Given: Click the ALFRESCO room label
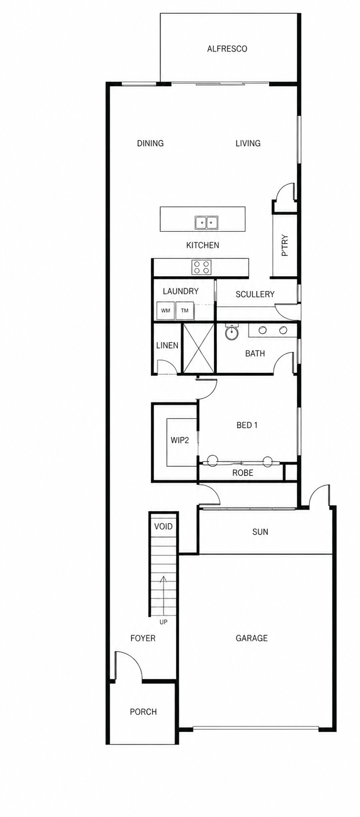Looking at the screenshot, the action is click(x=227, y=48).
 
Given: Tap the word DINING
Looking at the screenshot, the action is click(x=150, y=143).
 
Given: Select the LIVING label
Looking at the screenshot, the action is click(x=248, y=143).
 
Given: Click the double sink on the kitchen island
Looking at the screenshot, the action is click(x=206, y=222).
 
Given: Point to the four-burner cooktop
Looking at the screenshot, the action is click(x=201, y=267).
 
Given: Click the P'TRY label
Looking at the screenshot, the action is click(x=285, y=245).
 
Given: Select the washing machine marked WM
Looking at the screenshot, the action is click(x=165, y=311).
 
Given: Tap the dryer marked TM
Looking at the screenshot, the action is click(x=185, y=311).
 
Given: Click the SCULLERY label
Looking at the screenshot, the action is click(x=255, y=294).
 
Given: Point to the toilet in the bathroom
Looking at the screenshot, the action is click(x=230, y=331).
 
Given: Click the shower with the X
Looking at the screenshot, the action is click(x=198, y=348).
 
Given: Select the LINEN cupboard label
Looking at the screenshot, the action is click(x=167, y=345).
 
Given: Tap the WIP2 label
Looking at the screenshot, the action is click(x=180, y=440).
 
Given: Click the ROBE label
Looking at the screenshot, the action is click(x=243, y=473).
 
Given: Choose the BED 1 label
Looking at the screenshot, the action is click(x=247, y=425).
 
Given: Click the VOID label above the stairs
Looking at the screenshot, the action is click(x=163, y=527).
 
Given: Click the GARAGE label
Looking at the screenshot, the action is click(x=252, y=638).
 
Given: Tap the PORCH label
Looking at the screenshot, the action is click(x=143, y=712).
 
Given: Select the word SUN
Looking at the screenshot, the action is click(x=260, y=532).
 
